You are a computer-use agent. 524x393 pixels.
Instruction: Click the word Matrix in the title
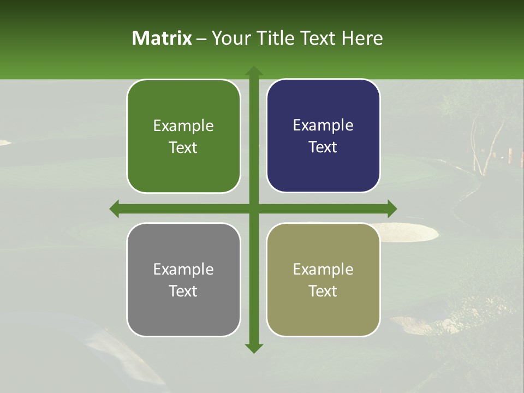pos(162,38)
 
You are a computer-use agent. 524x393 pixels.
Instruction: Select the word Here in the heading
pos(362,38)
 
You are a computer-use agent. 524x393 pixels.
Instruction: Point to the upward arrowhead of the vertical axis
pos(254,71)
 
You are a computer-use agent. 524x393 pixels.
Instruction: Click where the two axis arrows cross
pos(254,209)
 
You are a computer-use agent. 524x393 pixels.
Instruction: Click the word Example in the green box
pos(183,126)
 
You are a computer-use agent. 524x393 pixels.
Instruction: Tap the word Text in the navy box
pos(323,147)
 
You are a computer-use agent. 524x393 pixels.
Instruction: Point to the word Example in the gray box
pos(183,269)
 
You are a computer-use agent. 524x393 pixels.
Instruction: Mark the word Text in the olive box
pos(323,291)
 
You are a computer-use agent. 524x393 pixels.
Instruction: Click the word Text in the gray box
pos(183,291)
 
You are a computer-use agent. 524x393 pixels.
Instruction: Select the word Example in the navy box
pos(323,126)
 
